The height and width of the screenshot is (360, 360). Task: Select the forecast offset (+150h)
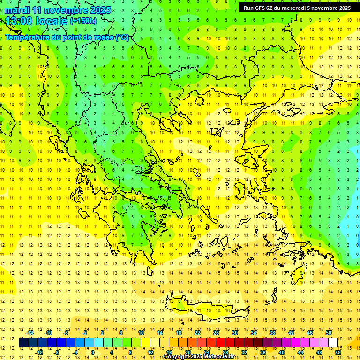point(83,21)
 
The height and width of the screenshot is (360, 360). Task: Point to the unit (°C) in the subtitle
point(122,37)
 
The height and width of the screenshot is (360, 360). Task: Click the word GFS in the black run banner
point(263,8)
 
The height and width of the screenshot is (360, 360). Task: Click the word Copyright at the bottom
point(178,357)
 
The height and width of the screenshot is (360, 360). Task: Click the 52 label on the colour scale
point(338,352)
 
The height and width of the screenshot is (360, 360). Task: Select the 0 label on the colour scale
point(92,352)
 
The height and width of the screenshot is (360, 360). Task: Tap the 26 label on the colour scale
point(216,333)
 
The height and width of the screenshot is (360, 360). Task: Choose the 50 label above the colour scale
point(329,333)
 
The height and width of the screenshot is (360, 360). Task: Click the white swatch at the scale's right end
point(333,342)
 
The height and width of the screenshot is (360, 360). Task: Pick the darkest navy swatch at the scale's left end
point(23,342)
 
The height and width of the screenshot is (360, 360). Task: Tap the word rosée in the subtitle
point(103,37)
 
